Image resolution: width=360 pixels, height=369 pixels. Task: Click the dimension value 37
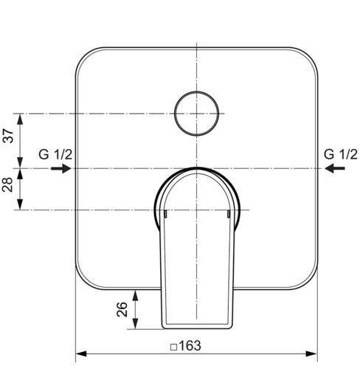pos(7,136)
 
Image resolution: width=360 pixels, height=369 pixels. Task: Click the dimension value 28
pos(7,184)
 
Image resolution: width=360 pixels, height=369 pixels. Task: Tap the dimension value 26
pos(122,309)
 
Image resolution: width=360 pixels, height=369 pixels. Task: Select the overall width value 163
pos(190,345)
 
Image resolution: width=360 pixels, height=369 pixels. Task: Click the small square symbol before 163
pos(173,347)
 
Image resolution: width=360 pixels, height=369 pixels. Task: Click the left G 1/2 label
pos(55,154)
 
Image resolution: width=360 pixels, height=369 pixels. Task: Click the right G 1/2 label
pos(340,154)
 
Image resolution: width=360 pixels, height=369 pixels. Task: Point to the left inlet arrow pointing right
pos(61,168)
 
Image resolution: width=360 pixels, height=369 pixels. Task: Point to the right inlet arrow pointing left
pos(335,168)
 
